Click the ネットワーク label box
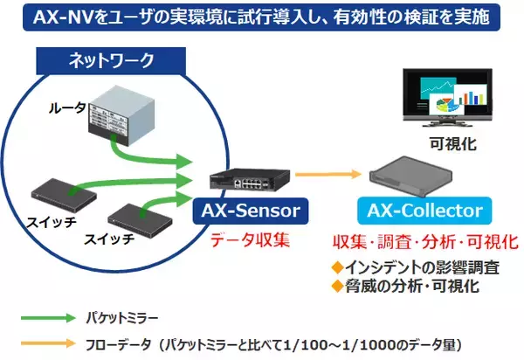[x=111, y=60]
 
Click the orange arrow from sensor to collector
[x=322, y=175]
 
